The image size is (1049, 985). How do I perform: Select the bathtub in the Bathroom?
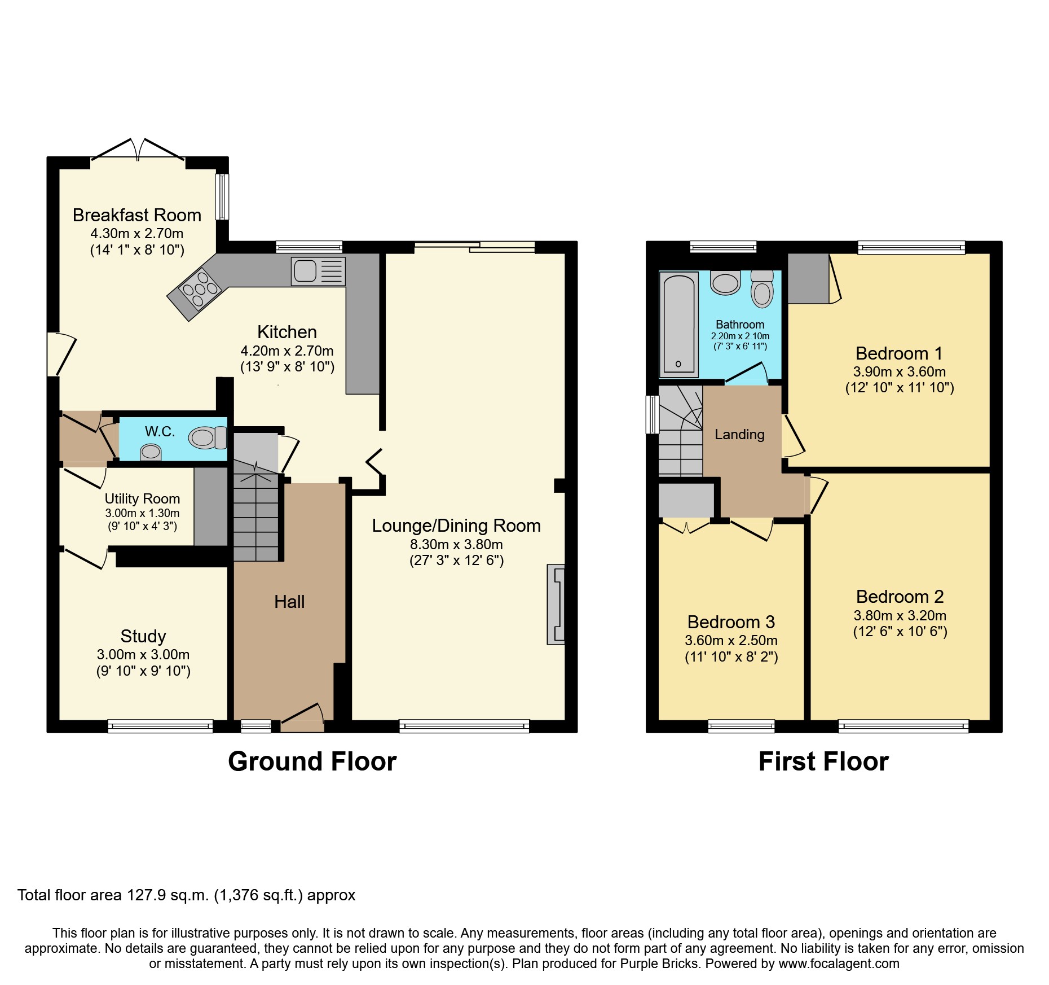(x=678, y=324)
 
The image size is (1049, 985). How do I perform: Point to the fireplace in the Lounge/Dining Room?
(x=556, y=604)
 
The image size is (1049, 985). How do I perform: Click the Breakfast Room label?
(x=137, y=215)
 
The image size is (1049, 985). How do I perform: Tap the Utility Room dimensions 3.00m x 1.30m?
(x=142, y=513)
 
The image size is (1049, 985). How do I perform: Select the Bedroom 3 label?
(x=731, y=622)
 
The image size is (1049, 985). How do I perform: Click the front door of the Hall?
(x=303, y=718)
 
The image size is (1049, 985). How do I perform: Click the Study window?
(x=160, y=726)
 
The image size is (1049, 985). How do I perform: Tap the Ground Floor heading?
(x=312, y=761)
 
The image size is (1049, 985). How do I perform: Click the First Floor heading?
(x=823, y=761)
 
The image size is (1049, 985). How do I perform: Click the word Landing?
(x=739, y=434)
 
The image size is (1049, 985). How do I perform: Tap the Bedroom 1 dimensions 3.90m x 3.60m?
(x=899, y=372)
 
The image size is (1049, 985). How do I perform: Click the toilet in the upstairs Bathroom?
(x=762, y=290)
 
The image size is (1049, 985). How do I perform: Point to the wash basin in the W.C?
(x=151, y=452)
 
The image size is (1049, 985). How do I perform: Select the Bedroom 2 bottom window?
(x=903, y=726)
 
